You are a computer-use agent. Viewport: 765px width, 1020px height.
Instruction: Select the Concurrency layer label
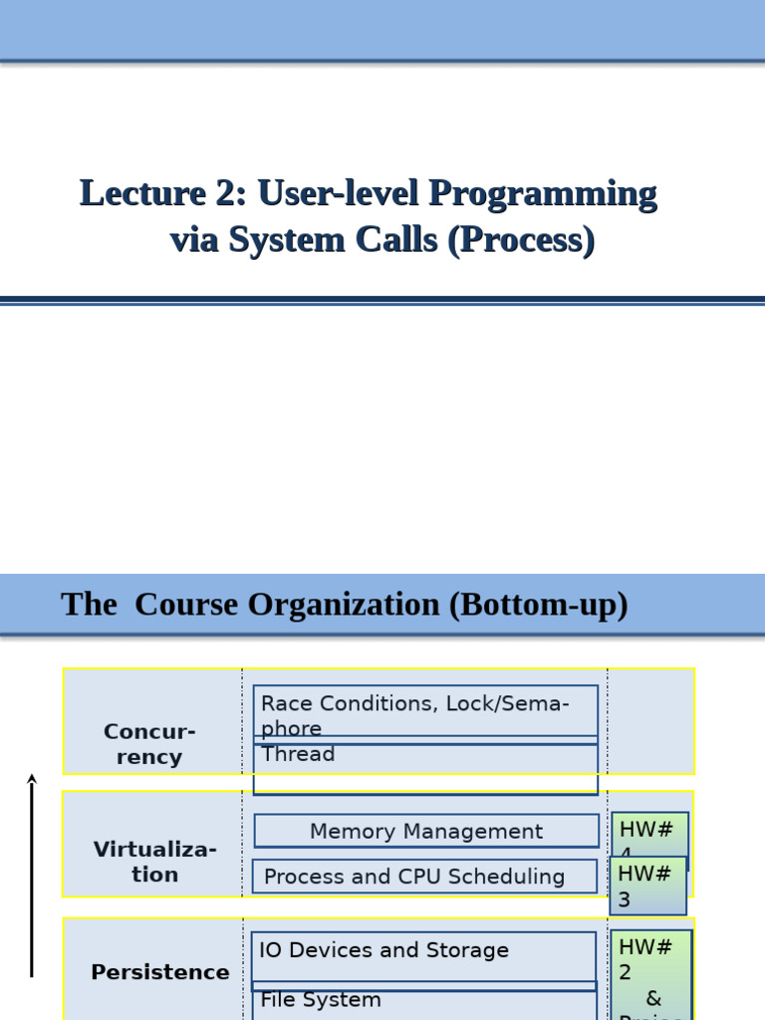click(149, 744)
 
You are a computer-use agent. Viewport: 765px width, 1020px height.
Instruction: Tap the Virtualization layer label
click(154, 862)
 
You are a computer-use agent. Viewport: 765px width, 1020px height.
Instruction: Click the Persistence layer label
click(159, 972)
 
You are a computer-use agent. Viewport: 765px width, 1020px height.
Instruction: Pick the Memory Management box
click(425, 831)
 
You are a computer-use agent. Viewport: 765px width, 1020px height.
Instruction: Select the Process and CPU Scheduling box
click(425, 877)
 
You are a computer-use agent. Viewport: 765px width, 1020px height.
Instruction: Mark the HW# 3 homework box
click(647, 886)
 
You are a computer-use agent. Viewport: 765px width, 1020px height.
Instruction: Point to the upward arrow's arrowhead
click(32, 779)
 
